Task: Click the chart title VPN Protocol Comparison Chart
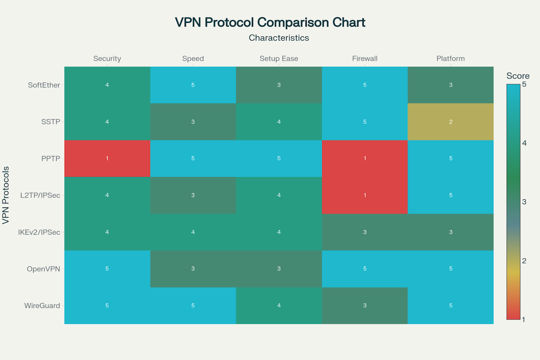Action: point(270,22)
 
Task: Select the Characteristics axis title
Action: point(279,38)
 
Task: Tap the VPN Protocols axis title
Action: point(6,195)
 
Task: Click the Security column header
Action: point(107,58)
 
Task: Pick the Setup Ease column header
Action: point(279,58)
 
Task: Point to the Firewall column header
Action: point(364,58)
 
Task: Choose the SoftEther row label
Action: point(44,85)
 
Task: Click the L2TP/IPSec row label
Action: point(40,195)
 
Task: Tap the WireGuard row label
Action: point(42,306)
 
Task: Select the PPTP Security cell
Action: point(107,158)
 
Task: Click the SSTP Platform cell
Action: point(451,122)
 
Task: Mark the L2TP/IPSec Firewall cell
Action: point(364,195)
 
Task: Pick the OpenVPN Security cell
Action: point(107,269)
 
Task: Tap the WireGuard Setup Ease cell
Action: point(279,306)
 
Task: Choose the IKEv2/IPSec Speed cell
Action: point(193,232)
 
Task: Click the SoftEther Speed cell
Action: point(193,85)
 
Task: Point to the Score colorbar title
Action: point(518,76)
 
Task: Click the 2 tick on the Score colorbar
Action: point(524,261)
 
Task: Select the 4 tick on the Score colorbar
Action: point(524,143)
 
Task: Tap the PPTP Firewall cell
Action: point(364,158)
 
